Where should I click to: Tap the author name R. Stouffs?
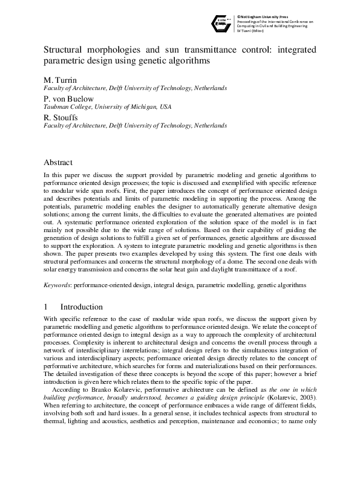click(61, 117)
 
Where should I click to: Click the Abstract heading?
click(58, 163)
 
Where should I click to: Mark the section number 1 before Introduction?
click(46, 307)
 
